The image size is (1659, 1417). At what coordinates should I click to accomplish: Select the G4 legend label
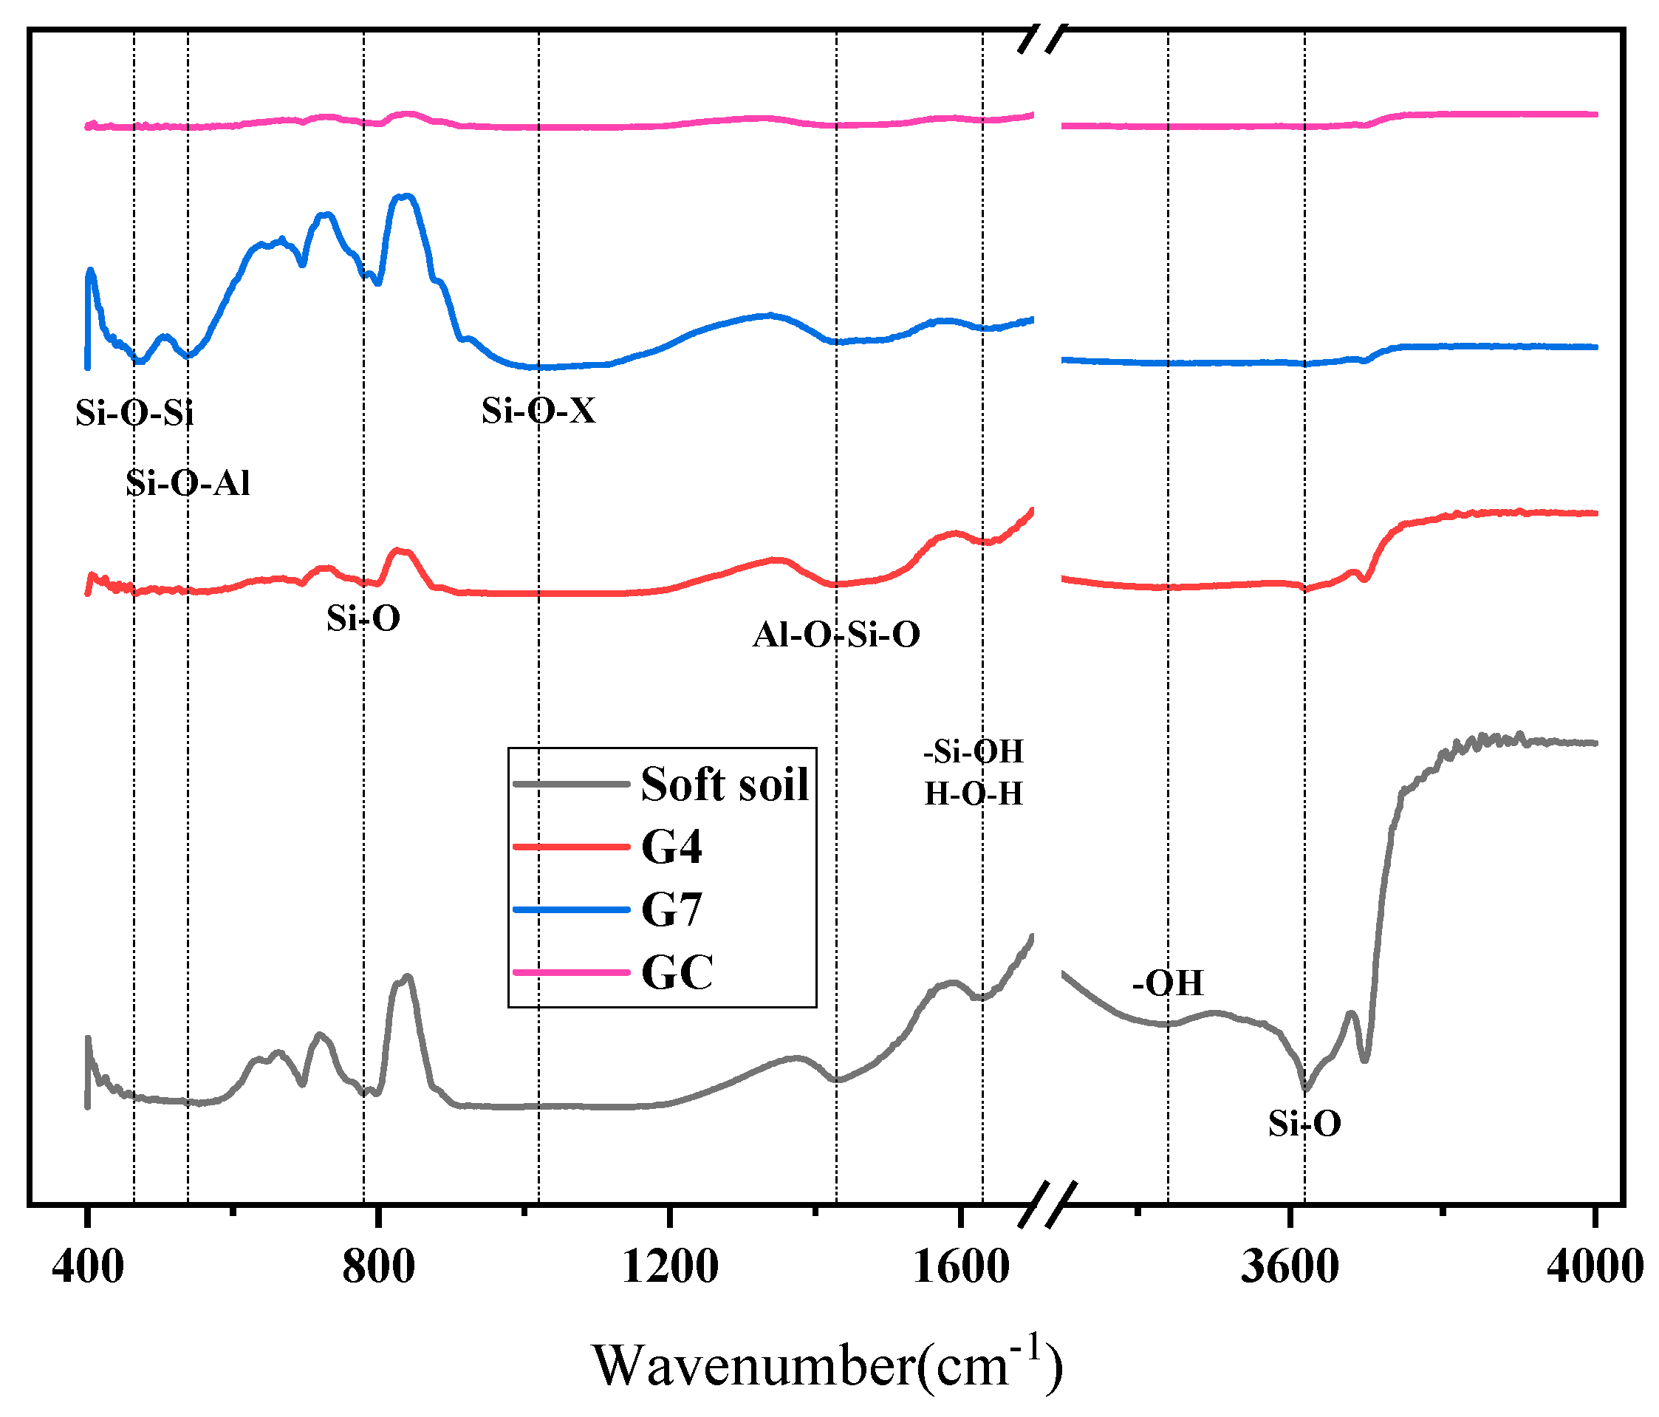pos(671,847)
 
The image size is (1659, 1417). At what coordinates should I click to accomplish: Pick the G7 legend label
pos(671,910)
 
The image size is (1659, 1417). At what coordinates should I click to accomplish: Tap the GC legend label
pos(677,972)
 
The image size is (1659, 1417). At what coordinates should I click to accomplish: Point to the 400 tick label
pos(87,1266)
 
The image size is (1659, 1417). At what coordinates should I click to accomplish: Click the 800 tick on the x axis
pos(378,1266)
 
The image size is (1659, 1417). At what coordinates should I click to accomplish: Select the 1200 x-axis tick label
pos(669,1266)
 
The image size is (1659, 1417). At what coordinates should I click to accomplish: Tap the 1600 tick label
pos(960,1266)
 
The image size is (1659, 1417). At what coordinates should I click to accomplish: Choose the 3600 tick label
pos(1290,1266)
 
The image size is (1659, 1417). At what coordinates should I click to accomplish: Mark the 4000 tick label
pos(1594,1266)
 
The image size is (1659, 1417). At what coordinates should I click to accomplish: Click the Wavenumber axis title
pos(827,1365)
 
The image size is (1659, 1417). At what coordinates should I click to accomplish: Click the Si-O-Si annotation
pos(134,412)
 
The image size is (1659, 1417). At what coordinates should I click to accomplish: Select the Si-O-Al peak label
pos(188,483)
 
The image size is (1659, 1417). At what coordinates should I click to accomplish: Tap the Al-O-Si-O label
pos(836,635)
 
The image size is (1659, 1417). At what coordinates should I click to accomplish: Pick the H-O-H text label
pos(974,793)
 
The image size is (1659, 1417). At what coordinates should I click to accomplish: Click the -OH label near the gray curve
pos(1167,983)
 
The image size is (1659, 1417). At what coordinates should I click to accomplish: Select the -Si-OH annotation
pos(974,751)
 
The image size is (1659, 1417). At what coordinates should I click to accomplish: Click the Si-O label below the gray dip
pos(1304,1124)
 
